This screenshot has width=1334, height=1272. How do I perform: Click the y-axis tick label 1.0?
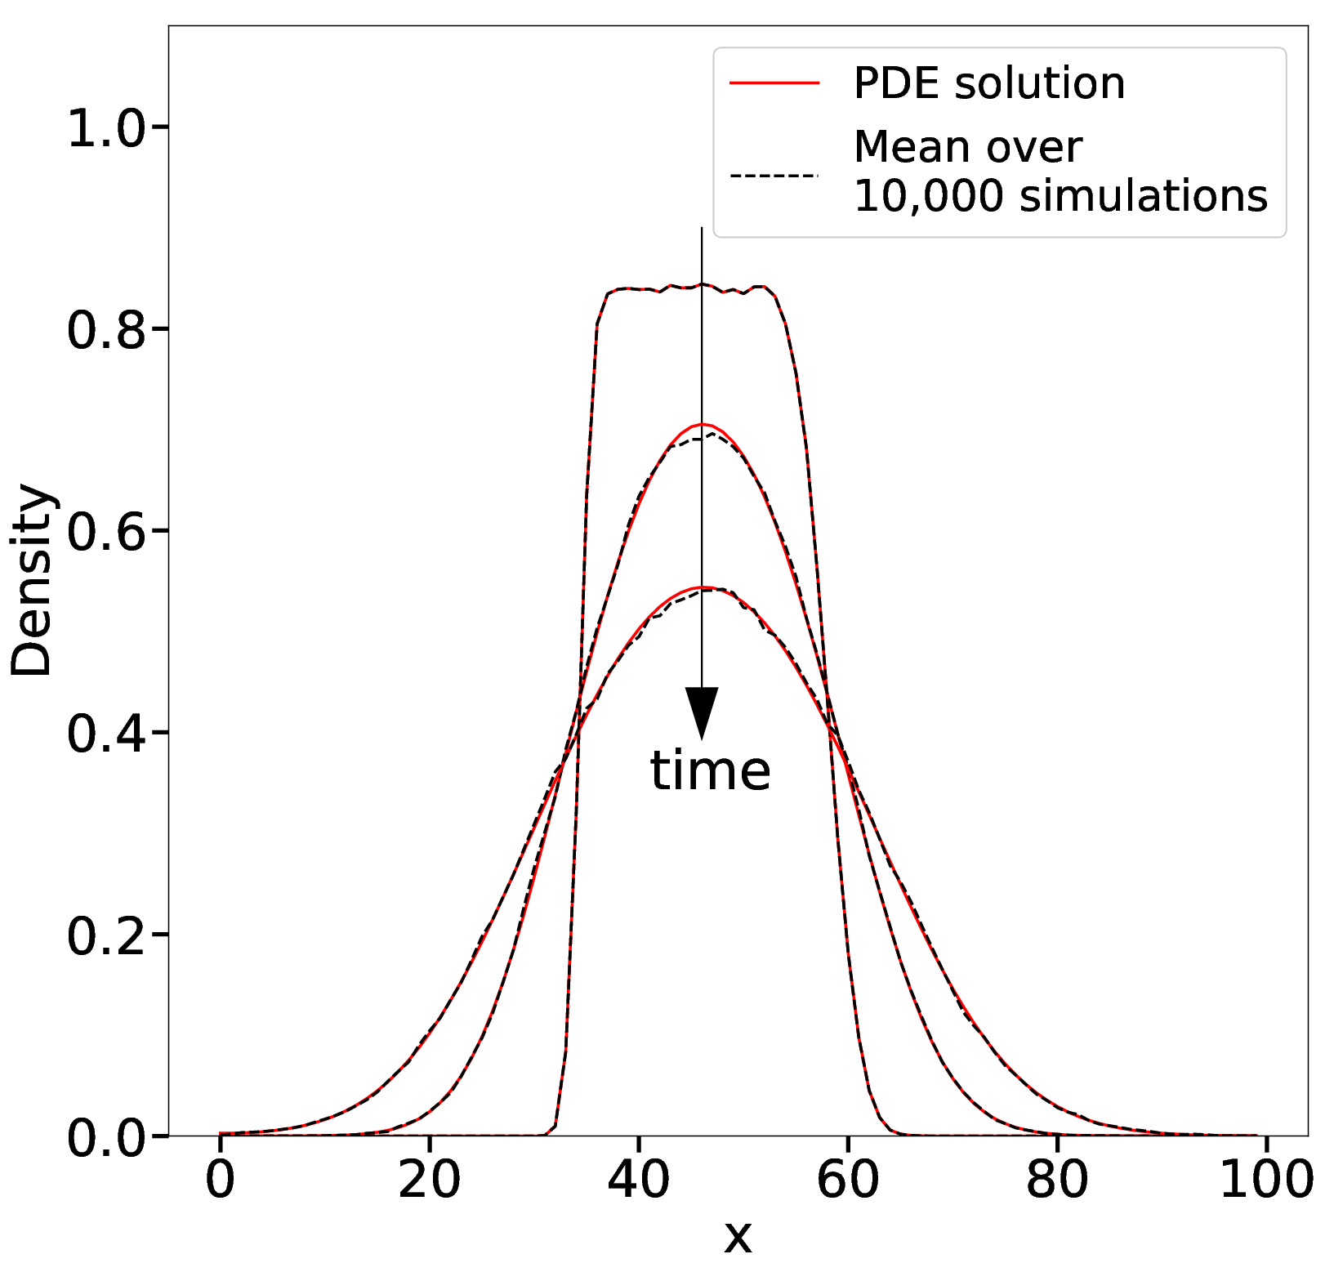point(105,129)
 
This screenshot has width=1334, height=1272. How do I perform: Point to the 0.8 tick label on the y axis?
point(105,331)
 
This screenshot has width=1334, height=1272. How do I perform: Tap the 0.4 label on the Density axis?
point(105,734)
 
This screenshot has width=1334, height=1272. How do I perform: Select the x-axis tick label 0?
point(220,1181)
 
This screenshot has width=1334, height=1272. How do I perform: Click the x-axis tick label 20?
point(430,1181)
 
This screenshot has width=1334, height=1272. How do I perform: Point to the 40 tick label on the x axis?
point(639,1181)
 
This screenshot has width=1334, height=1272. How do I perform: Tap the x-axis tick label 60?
point(848,1181)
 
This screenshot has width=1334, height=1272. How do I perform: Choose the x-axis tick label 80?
point(1057,1181)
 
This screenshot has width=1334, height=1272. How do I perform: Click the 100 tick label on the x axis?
point(1266,1181)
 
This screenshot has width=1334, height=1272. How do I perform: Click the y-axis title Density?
point(32,581)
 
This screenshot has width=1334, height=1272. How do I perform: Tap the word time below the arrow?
point(710,771)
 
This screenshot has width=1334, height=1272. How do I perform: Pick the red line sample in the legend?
point(774,83)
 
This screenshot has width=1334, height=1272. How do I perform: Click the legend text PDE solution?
point(989,83)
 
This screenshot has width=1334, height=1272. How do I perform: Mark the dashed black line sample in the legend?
point(774,175)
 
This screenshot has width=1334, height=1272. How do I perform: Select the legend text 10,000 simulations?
point(1060,197)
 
